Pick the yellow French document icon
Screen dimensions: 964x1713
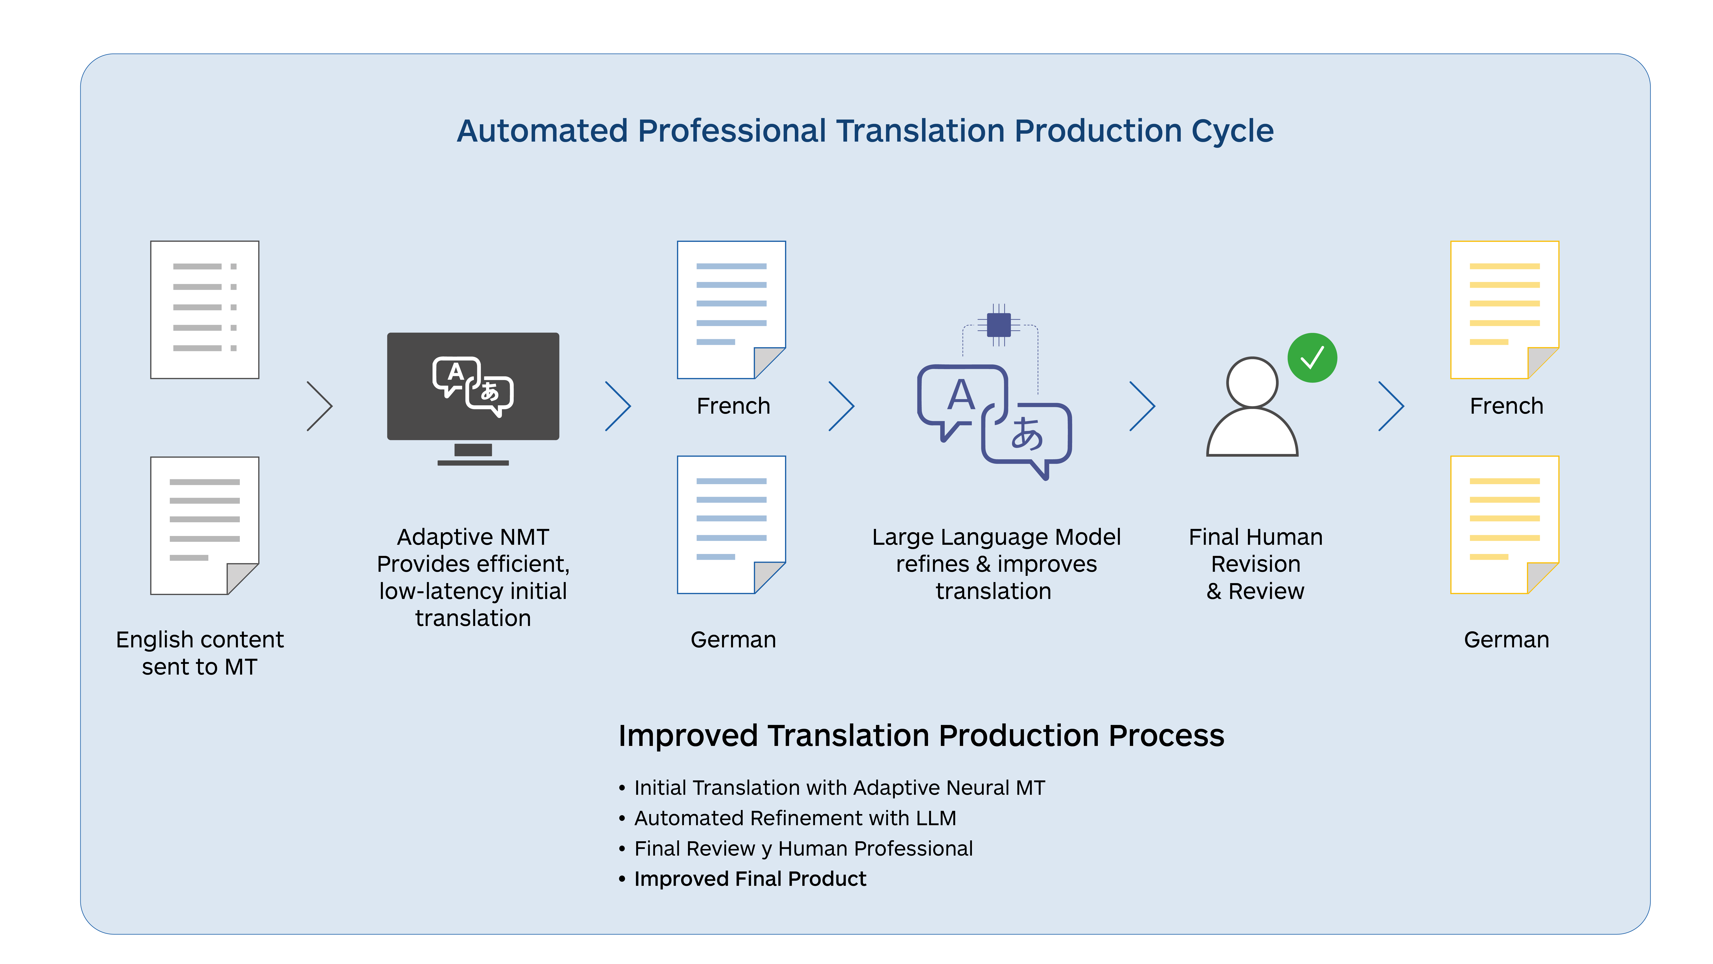click(x=1504, y=309)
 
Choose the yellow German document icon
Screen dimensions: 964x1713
click(x=1504, y=524)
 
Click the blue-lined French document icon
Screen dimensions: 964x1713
click(x=731, y=309)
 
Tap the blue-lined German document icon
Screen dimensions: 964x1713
click(x=731, y=524)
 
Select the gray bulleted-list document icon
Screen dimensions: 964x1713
click(x=204, y=309)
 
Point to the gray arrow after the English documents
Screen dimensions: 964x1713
click(x=320, y=406)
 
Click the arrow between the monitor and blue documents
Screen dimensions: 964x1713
click(x=618, y=406)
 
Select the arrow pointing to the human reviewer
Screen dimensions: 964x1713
click(x=1142, y=406)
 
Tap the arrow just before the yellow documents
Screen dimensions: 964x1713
click(x=1391, y=406)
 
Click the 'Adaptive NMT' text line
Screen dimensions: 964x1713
click(x=473, y=537)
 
